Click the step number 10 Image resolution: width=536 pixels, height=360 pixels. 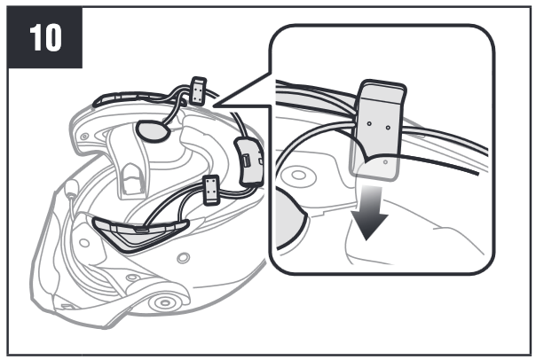(x=45, y=37)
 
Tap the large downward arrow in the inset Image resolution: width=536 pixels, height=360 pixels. (x=369, y=213)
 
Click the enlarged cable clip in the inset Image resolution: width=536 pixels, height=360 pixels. (x=377, y=129)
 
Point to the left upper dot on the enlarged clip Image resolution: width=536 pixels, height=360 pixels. (x=369, y=123)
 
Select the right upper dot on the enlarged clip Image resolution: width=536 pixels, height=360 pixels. (x=388, y=128)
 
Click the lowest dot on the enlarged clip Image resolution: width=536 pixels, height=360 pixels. (x=386, y=162)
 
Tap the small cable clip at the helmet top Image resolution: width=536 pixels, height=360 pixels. (x=198, y=90)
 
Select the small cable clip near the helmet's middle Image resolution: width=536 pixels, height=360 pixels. (x=211, y=190)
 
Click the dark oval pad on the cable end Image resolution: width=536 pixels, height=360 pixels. (x=153, y=130)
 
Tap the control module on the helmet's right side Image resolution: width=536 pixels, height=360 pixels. (x=249, y=161)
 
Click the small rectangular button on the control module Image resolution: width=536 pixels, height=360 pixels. (x=246, y=160)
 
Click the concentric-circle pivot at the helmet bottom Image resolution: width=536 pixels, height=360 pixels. (x=165, y=302)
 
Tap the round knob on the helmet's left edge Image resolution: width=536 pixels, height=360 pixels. (x=72, y=187)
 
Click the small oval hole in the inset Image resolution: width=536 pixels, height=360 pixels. (x=299, y=176)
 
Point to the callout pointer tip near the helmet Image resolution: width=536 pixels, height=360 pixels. (x=214, y=106)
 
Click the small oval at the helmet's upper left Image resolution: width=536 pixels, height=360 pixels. (x=84, y=137)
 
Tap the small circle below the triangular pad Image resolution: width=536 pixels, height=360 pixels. (x=184, y=258)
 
